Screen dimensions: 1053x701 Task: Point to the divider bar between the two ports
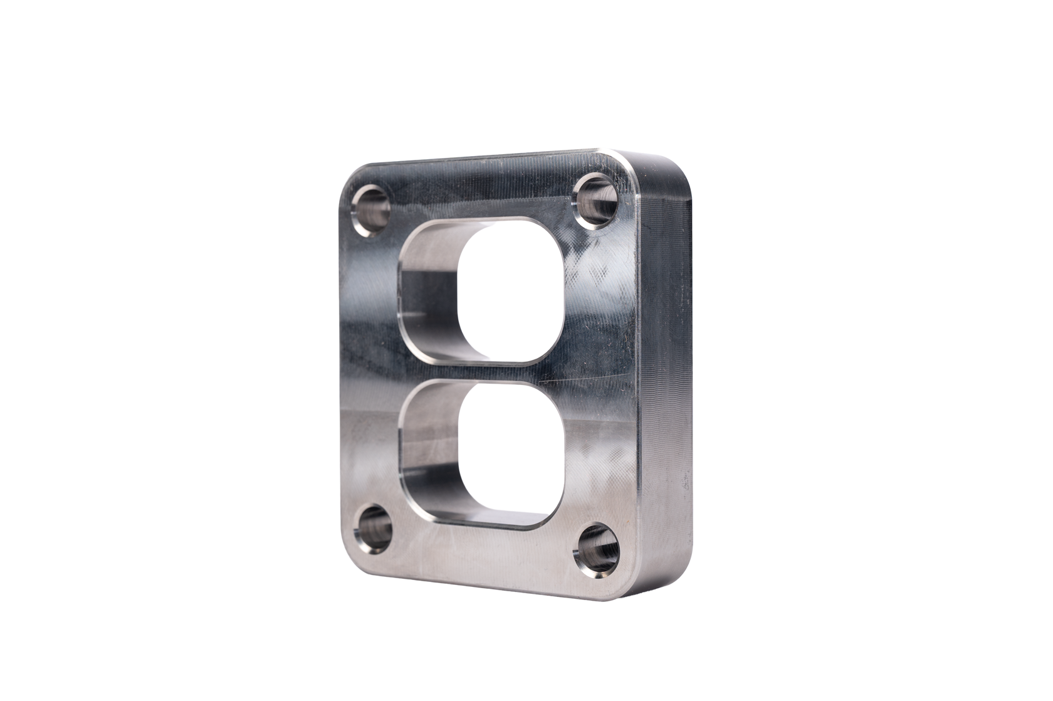(476, 374)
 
